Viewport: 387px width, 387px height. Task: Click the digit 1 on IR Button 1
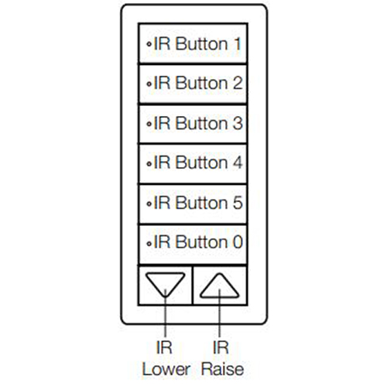point(238,43)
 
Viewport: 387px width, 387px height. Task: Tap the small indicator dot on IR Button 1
point(149,44)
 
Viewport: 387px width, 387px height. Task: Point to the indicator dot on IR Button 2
point(149,84)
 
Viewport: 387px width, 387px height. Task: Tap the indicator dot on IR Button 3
point(149,124)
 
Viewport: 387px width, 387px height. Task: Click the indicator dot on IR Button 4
point(149,163)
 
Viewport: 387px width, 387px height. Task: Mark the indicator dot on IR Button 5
point(149,204)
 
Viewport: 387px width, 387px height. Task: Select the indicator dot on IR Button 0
point(149,243)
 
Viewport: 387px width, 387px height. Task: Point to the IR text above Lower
point(164,348)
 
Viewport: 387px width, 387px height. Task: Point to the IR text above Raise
point(221,348)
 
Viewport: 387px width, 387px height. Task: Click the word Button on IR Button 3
point(202,123)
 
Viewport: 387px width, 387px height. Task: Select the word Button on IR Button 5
point(202,203)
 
